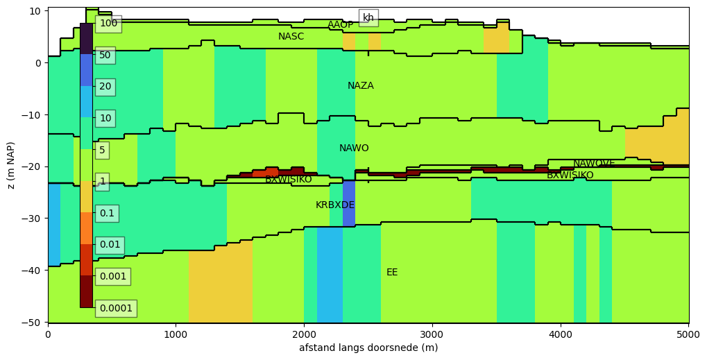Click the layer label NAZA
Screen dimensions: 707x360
point(360,85)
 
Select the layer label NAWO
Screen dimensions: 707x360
point(354,148)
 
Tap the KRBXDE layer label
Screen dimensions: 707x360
point(335,205)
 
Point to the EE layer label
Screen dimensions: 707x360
point(392,272)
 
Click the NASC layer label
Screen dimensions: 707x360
point(291,36)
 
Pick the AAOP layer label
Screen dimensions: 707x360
point(341,24)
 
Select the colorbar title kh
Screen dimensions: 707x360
point(368,17)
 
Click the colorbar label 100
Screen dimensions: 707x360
point(108,23)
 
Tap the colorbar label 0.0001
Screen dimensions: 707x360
point(116,308)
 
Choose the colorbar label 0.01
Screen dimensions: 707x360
point(110,245)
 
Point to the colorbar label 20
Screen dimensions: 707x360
point(105,86)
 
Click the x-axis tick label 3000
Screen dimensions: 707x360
point(432,335)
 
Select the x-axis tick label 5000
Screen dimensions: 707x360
point(689,335)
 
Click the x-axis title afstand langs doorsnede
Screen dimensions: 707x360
point(368,348)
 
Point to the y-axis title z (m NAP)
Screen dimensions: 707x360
point(10,165)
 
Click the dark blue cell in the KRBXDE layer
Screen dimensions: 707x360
point(349,204)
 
